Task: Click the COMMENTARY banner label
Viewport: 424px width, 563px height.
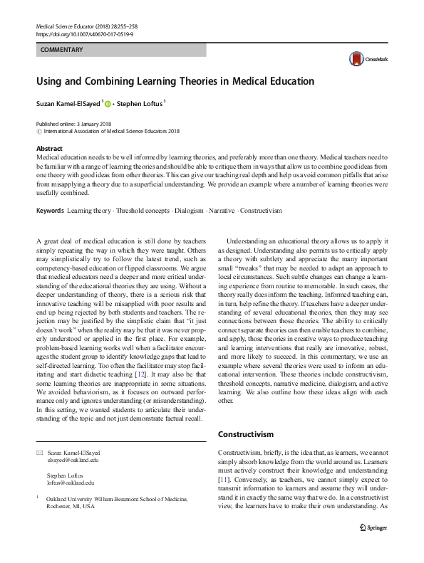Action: pos(63,50)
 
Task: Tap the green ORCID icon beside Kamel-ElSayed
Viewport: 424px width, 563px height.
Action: pos(108,104)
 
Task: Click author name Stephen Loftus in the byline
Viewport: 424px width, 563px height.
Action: pos(140,104)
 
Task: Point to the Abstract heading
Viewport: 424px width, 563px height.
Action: pos(49,149)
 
